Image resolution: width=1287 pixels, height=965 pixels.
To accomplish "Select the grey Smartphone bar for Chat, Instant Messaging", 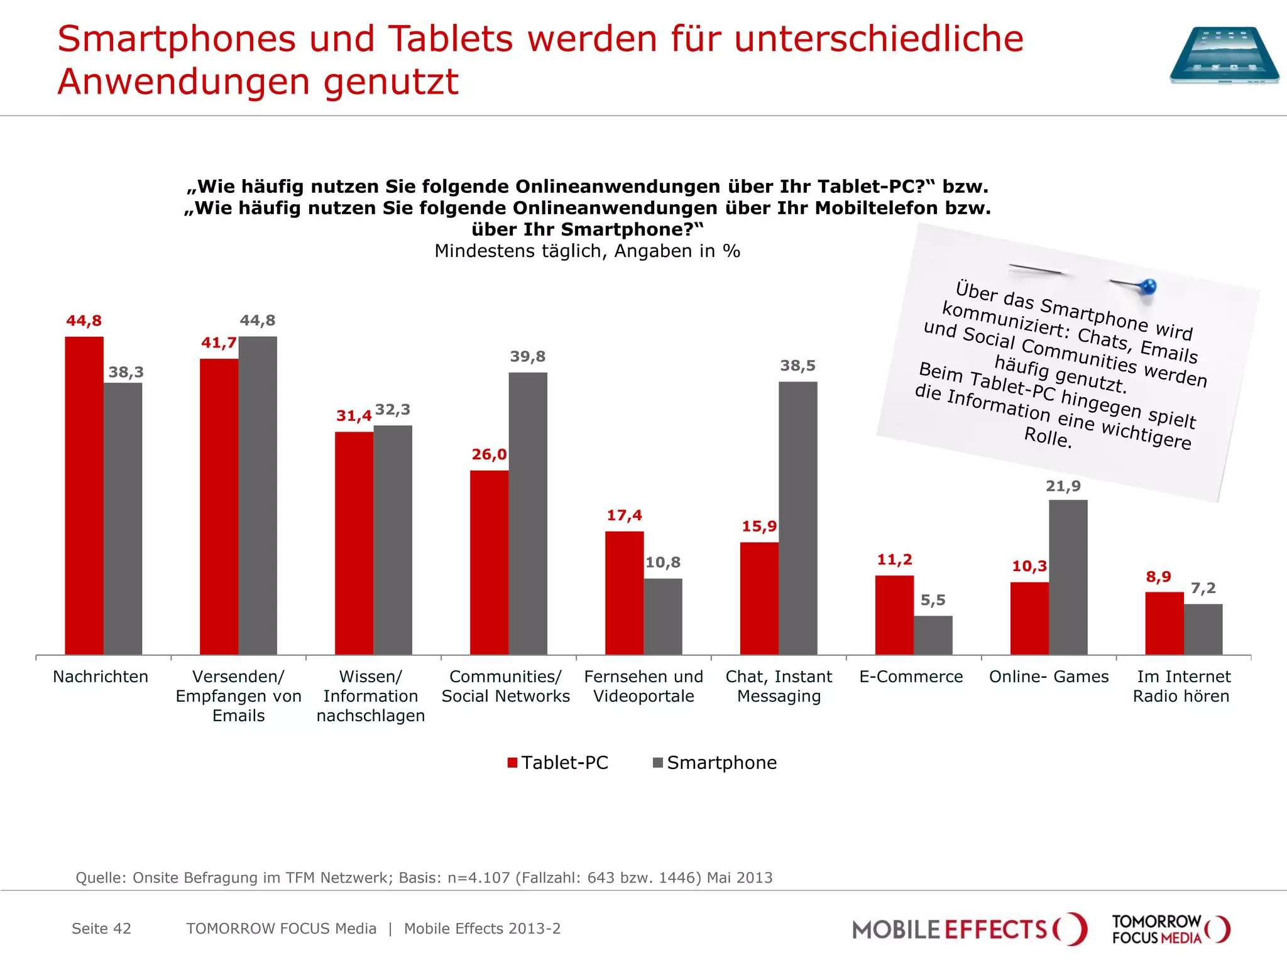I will click(797, 518).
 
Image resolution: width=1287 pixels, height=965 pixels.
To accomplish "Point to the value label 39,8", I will click(527, 357).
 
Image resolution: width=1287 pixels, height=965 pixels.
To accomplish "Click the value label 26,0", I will click(489, 454).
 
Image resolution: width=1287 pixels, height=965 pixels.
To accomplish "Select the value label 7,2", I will click(1203, 588).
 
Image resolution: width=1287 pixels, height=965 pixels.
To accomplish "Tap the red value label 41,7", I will click(218, 343).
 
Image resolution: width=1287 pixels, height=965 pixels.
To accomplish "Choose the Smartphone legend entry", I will click(715, 763).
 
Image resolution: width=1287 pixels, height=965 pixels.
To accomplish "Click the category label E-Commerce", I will click(911, 677).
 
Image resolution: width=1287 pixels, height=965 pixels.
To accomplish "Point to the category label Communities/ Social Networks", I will click(505, 686).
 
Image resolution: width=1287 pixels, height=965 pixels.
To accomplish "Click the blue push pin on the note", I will click(1147, 287).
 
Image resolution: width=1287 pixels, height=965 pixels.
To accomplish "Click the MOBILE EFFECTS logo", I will click(968, 929).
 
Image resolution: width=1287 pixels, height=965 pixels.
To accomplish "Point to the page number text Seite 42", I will click(101, 929).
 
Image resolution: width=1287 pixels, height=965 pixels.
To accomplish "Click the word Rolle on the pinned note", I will click(1047, 437).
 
